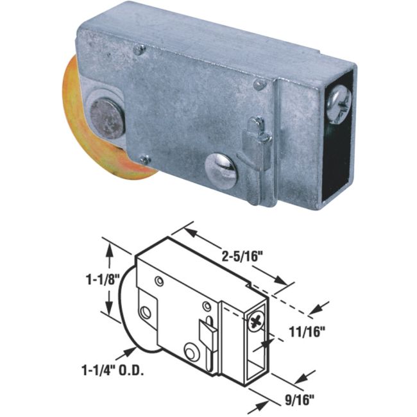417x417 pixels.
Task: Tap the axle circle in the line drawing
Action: [147, 313]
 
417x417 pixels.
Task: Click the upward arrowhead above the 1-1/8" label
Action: [110, 250]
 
